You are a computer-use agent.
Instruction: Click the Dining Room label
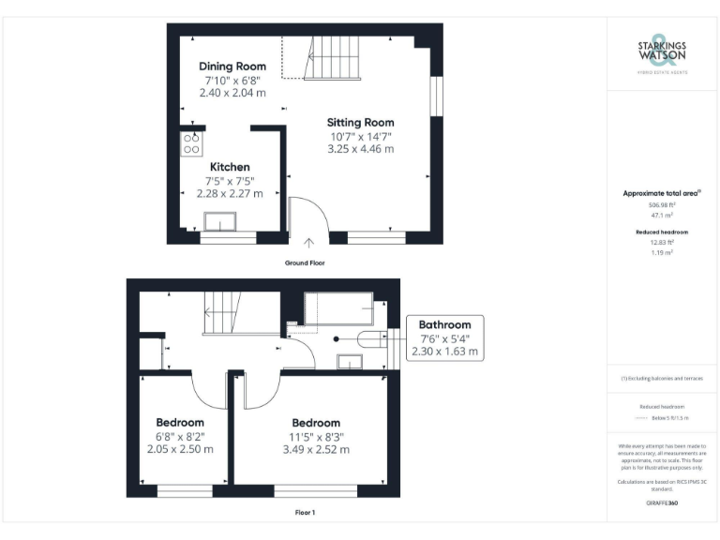(x=232, y=67)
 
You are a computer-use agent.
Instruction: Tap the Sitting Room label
(x=360, y=122)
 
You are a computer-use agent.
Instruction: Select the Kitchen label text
(x=230, y=167)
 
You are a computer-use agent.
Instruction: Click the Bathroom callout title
(x=444, y=325)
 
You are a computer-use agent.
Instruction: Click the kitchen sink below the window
(x=221, y=221)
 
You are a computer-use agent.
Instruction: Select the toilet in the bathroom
(x=369, y=339)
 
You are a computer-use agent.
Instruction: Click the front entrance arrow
(x=309, y=246)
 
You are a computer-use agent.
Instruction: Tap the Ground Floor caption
(x=305, y=263)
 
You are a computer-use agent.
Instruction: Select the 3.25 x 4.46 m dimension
(x=360, y=149)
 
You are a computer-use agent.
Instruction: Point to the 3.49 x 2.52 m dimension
(x=315, y=450)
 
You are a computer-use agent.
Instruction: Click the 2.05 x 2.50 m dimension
(x=180, y=450)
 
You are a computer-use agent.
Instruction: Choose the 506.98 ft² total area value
(x=663, y=203)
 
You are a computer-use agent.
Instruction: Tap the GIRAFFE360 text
(x=663, y=504)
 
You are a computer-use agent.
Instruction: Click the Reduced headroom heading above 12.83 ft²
(x=663, y=232)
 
